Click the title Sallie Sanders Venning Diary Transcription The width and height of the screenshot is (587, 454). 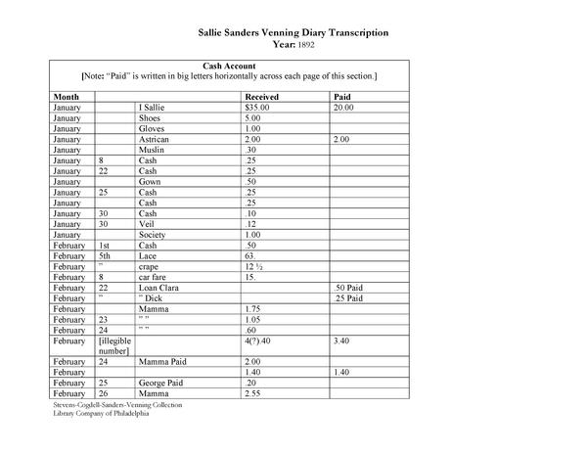pos(293,32)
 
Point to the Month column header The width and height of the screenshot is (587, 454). pos(67,98)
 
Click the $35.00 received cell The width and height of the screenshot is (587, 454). pos(259,109)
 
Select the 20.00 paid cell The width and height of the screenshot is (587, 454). pos(343,109)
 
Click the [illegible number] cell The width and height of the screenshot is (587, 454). pos(114,344)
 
